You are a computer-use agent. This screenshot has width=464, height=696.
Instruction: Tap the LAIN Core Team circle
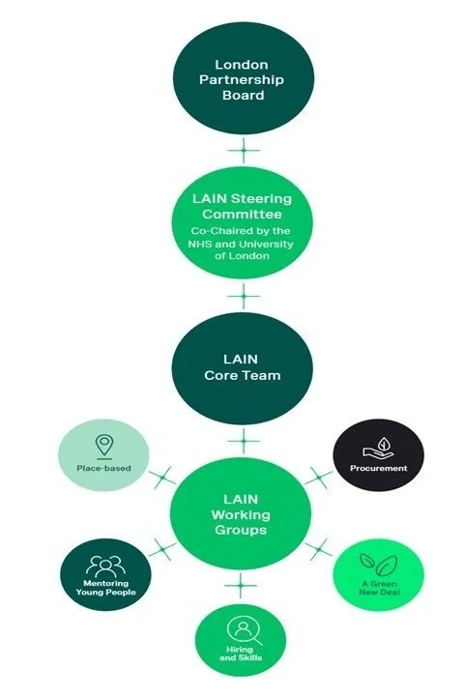(241, 367)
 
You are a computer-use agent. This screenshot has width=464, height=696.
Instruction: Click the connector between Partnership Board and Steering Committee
(243, 150)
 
